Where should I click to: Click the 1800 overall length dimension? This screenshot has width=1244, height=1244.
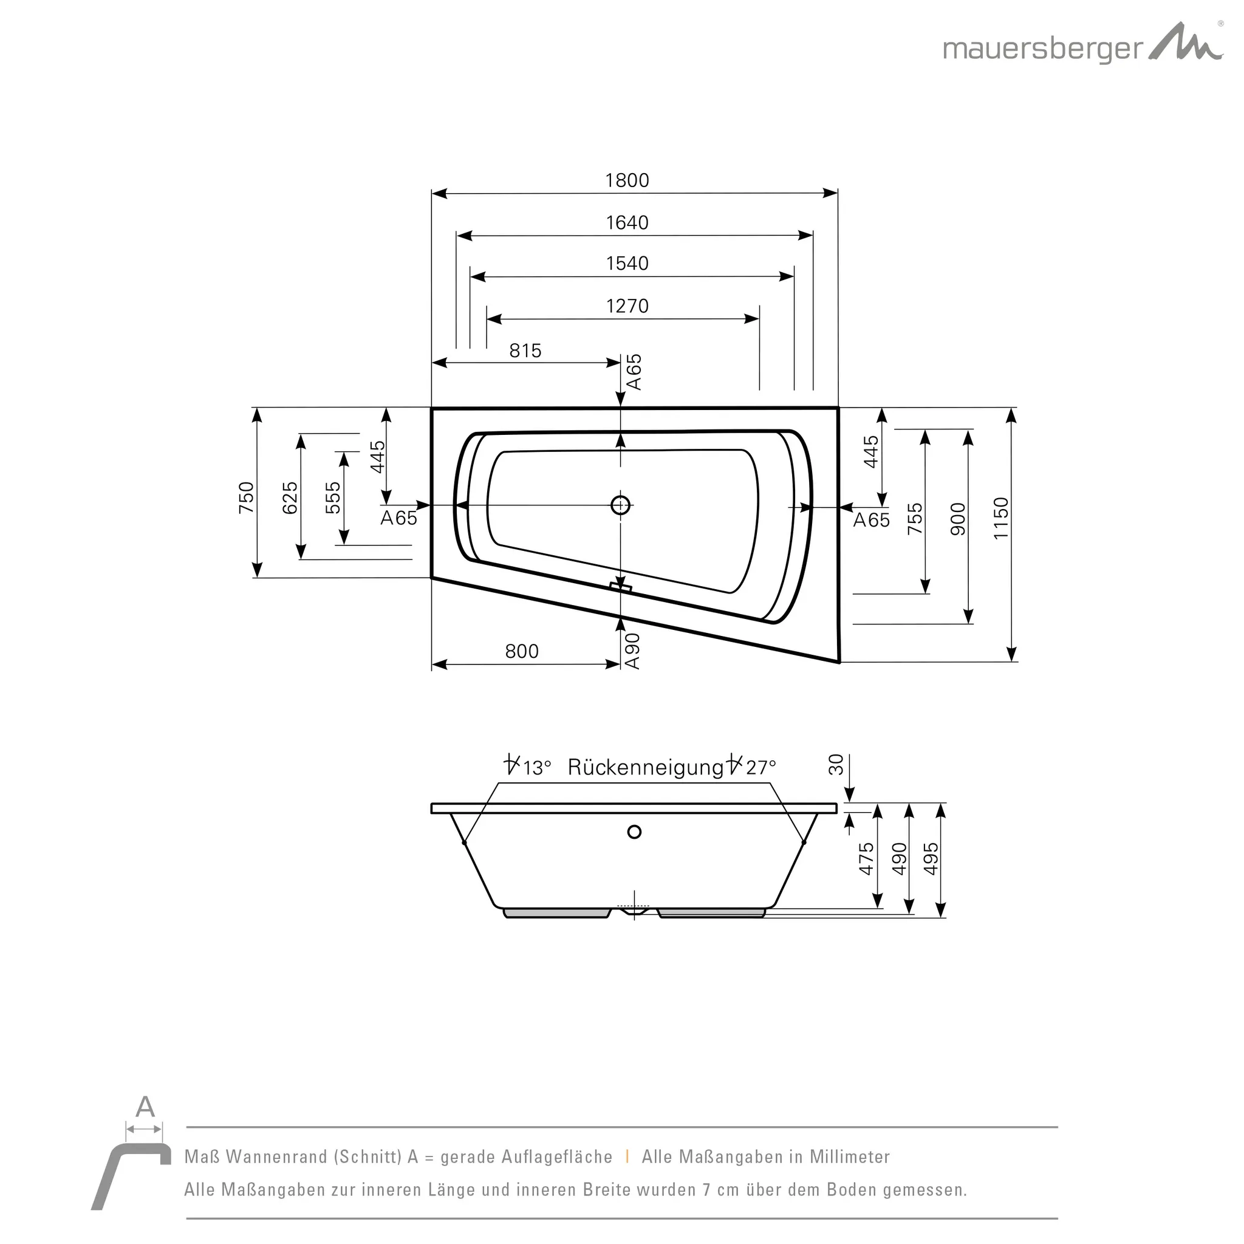pos(626,180)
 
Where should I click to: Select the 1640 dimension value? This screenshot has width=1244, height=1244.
pos(626,223)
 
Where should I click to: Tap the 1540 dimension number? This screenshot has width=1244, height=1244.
pos(626,264)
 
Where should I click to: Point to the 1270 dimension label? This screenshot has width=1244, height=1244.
pos(626,306)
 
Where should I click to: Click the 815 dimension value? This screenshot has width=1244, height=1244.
pos(525,351)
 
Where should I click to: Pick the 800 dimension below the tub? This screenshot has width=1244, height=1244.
pos(522,652)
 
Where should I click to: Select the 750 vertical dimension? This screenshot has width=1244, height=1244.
pos(247,497)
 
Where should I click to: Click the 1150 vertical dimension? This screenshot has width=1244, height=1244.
pos(1000,518)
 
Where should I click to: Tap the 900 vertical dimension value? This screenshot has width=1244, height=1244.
pos(958,519)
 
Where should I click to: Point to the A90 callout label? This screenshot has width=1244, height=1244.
pos(632,651)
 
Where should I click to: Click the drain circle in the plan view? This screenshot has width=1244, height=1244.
pos(620,505)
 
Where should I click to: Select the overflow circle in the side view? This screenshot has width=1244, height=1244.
pos(634,832)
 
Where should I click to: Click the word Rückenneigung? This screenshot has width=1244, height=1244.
pos(646,768)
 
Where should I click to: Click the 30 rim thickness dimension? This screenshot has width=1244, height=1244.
pos(836,765)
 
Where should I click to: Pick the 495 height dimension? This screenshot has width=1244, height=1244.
pos(931,859)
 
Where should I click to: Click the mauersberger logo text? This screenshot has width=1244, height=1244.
pos(1042,50)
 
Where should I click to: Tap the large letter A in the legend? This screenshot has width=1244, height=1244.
pos(145,1107)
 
